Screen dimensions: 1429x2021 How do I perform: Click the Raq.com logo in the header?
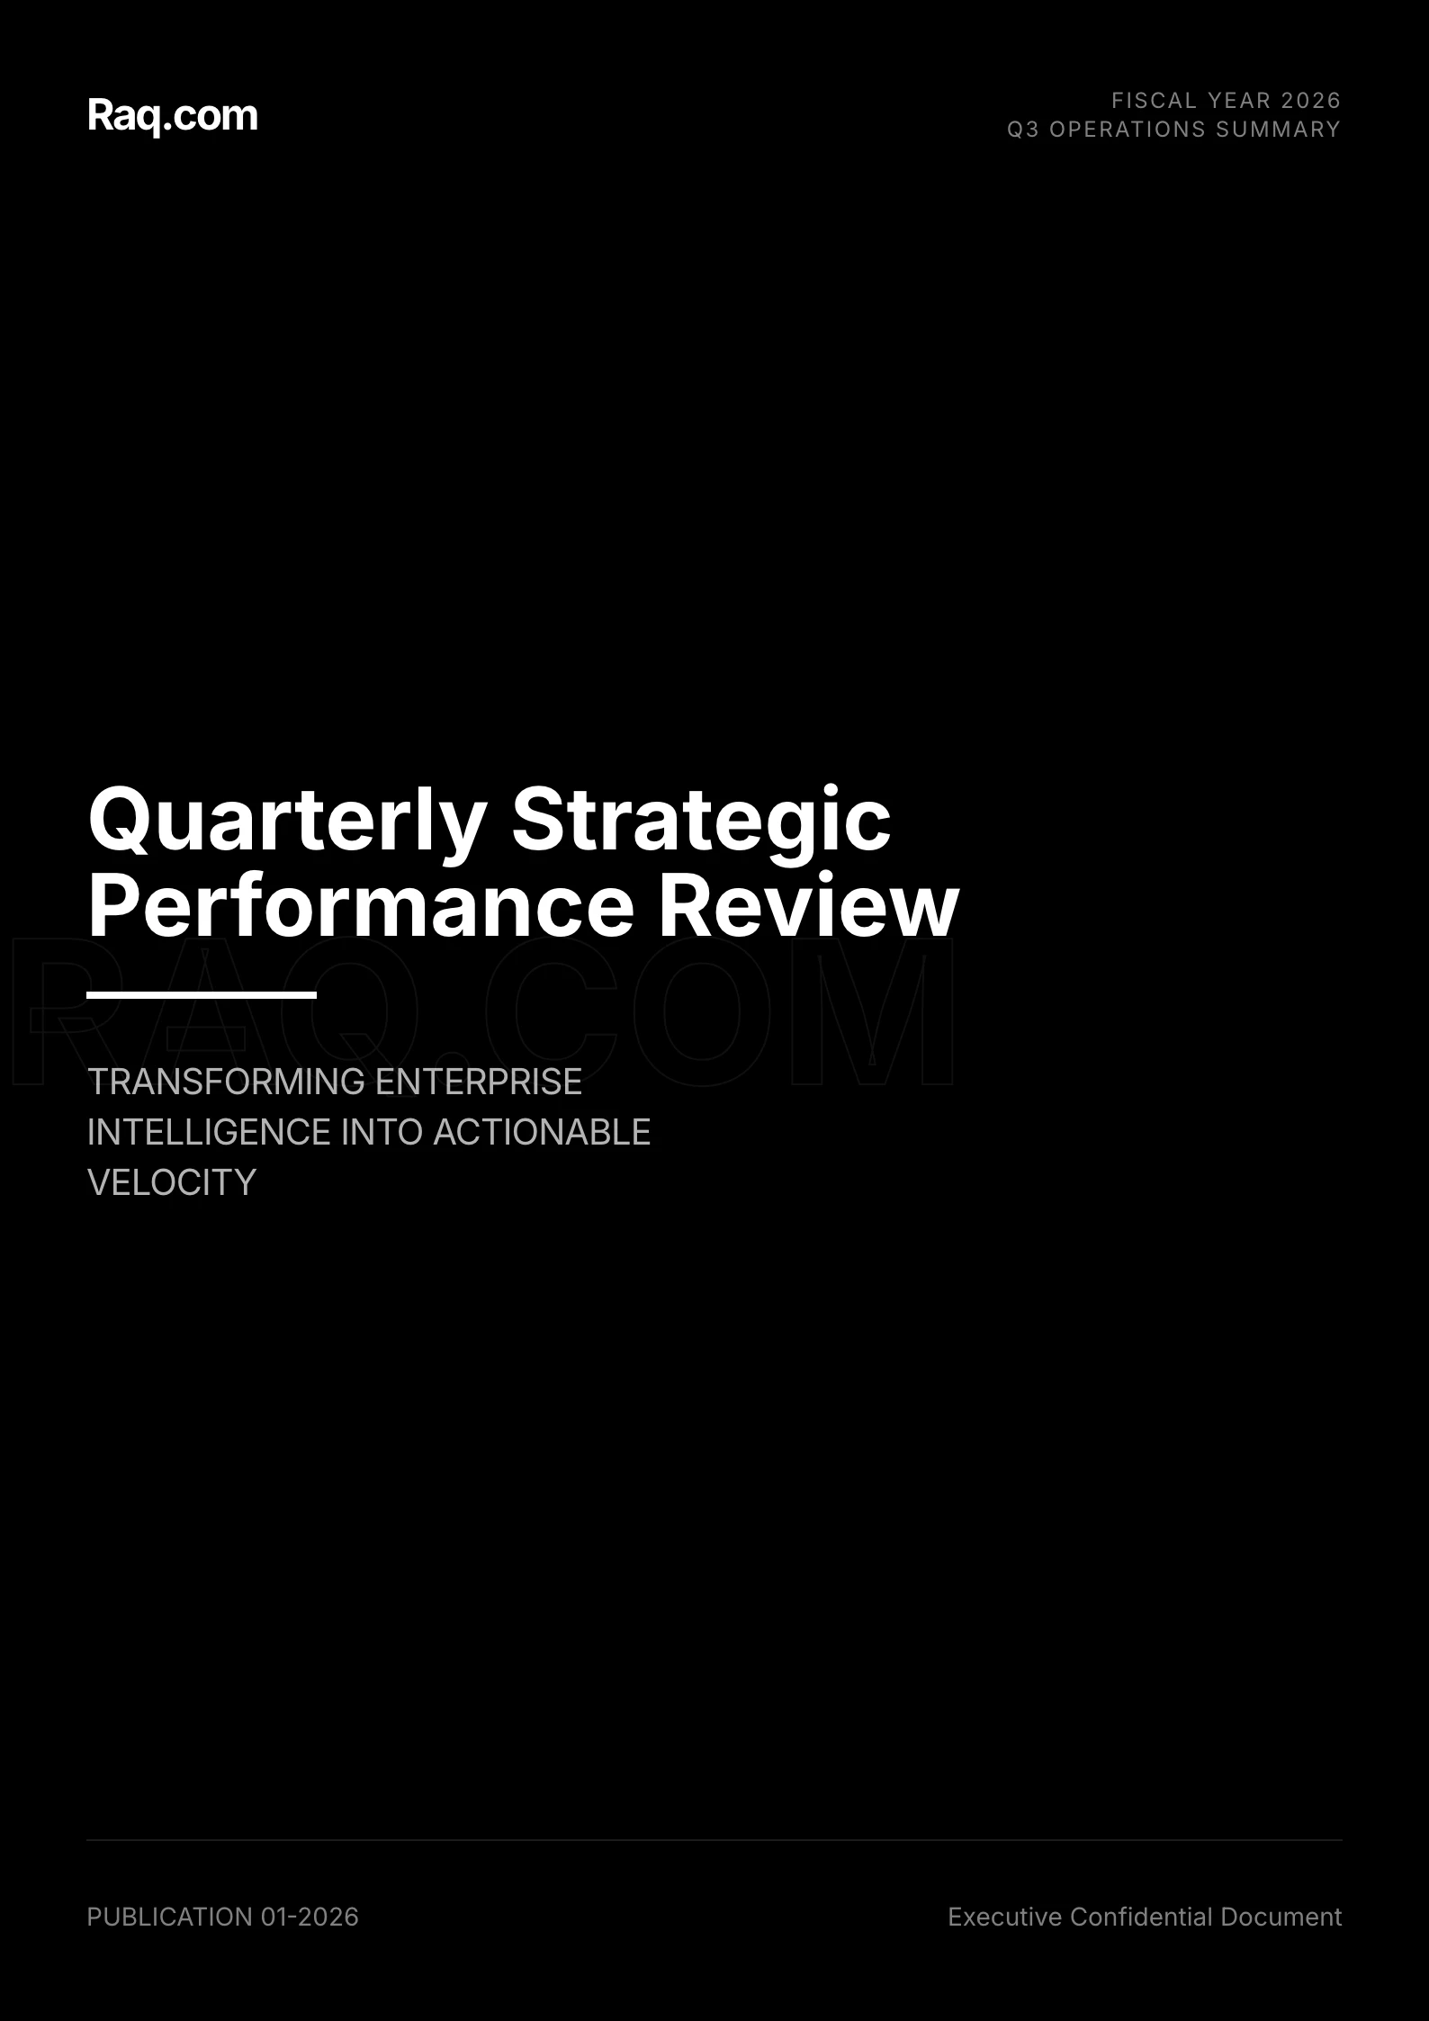pyautogui.click(x=173, y=116)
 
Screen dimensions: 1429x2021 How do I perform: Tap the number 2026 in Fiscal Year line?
pyautogui.click(x=1310, y=100)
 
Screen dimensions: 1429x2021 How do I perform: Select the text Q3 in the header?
pyautogui.click(x=1023, y=130)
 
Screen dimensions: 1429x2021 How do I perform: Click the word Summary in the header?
pyautogui.click(x=1278, y=130)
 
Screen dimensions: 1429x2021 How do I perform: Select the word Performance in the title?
pyautogui.click(x=362, y=905)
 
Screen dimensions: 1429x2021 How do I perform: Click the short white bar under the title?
pyautogui.click(x=202, y=994)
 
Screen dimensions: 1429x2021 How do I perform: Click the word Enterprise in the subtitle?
pyautogui.click(x=479, y=1082)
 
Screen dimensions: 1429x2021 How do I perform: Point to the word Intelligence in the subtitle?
pyautogui.click(x=210, y=1132)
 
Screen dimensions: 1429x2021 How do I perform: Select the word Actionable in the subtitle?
pyautogui.click(x=542, y=1132)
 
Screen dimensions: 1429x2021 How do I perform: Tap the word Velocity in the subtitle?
pyautogui.click(x=172, y=1182)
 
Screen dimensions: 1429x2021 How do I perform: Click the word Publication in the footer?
pyautogui.click(x=170, y=1917)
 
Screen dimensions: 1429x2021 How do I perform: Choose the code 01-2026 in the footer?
pyautogui.click(x=310, y=1917)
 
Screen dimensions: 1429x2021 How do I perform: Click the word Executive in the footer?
pyautogui.click(x=1005, y=1917)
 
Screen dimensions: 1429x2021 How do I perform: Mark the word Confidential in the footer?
pyautogui.click(x=1141, y=1917)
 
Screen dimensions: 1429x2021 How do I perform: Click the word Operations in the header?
pyautogui.click(x=1128, y=130)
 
